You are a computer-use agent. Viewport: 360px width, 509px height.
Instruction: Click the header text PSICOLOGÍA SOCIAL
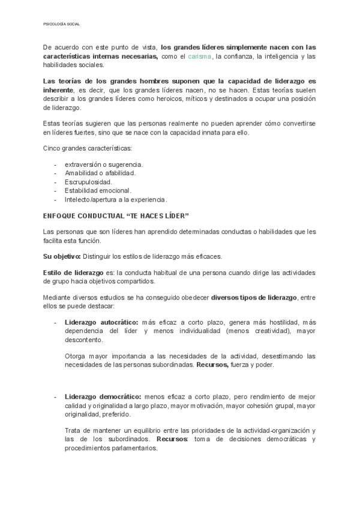point(62,24)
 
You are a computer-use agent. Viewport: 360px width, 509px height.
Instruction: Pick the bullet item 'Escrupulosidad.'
point(88,181)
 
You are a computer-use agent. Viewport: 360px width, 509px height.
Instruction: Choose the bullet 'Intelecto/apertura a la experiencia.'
point(116,199)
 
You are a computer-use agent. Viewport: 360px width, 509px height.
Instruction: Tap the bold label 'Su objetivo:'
point(62,256)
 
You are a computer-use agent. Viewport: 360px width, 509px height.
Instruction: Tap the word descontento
point(83,340)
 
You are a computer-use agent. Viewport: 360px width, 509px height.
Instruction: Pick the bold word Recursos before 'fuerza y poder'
point(212,364)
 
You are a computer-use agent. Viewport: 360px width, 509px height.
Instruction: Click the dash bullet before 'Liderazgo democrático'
point(56,397)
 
